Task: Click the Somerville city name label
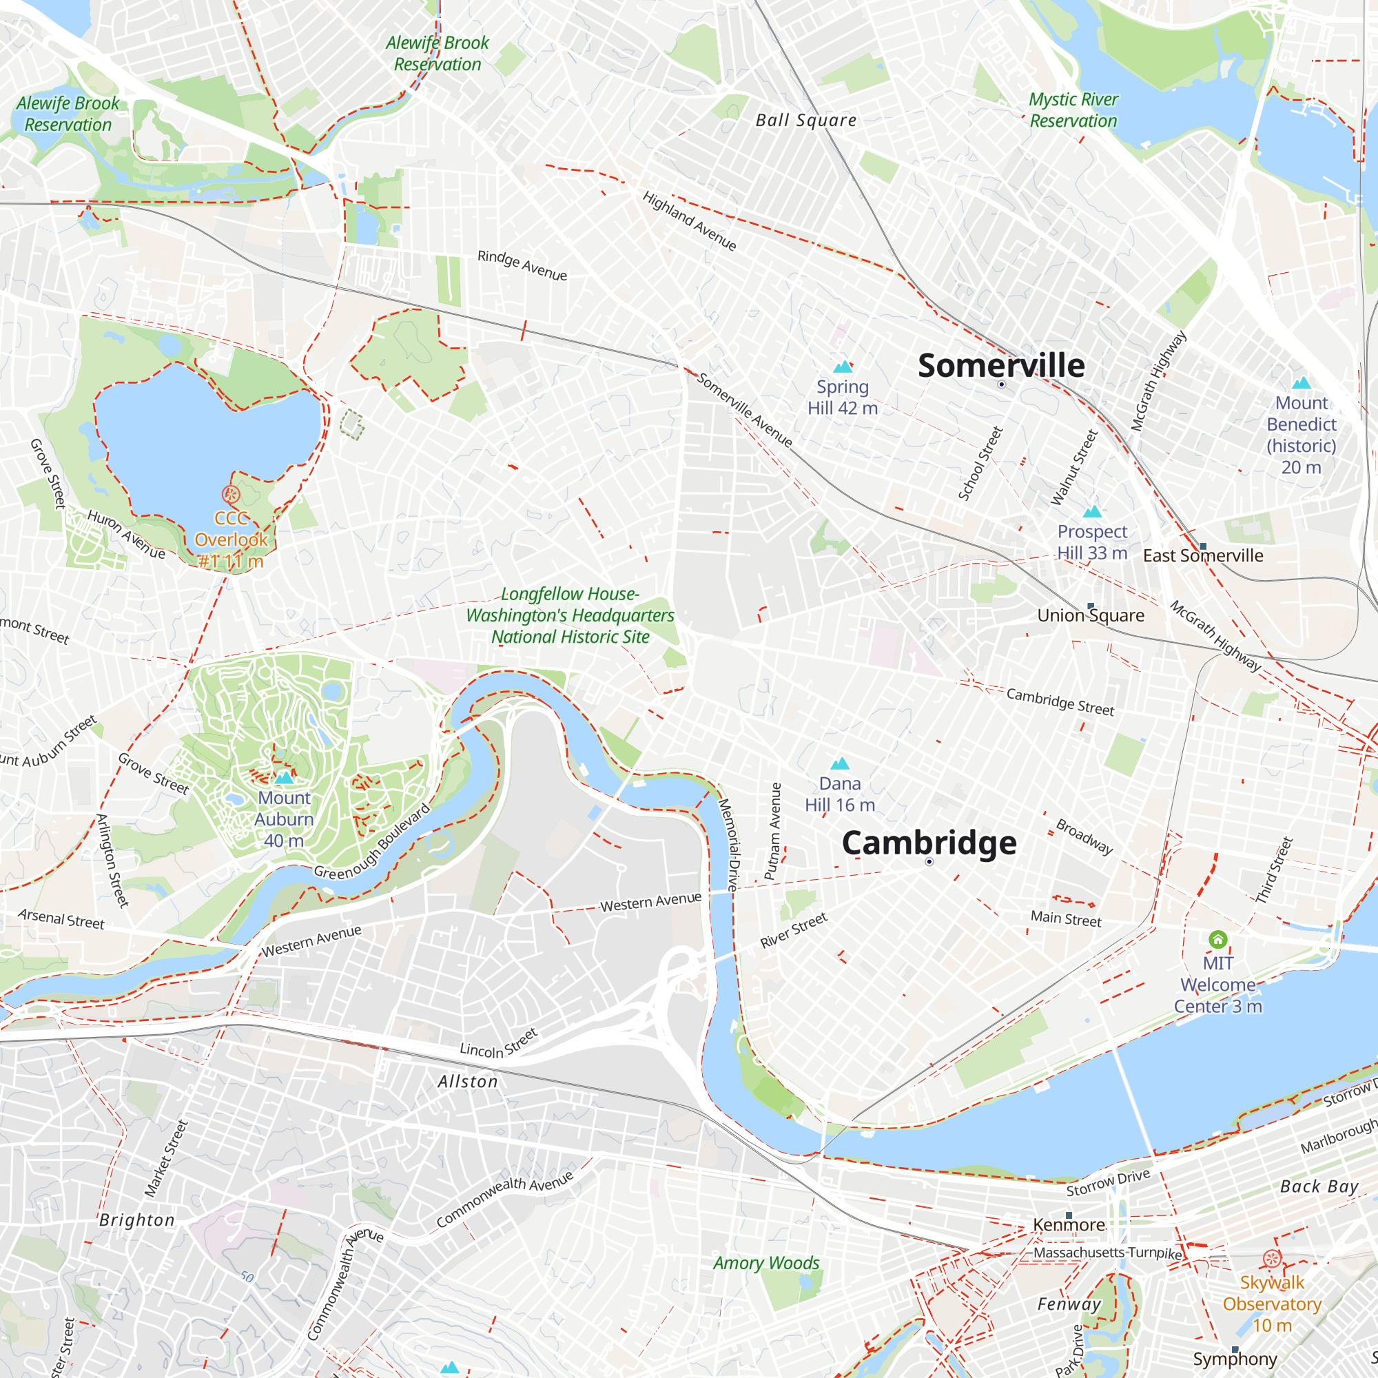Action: pyautogui.click(x=1000, y=366)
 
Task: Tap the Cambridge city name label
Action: pyautogui.click(x=929, y=843)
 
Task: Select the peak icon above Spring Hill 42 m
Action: pyautogui.click(x=843, y=367)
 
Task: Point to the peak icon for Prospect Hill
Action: pyautogui.click(x=1092, y=511)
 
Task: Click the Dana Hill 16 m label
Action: pyautogui.click(x=839, y=794)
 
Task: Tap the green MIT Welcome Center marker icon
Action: pyautogui.click(x=1217, y=939)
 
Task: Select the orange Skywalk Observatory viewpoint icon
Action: pyautogui.click(x=1272, y=1259)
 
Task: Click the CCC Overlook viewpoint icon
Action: pyautogui.click(x=230, y=493)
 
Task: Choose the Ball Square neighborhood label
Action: pyautogui.click(x=806, y=121)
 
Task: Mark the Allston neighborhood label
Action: pyautogui.click(x=468, y=1082)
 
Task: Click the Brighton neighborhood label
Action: pyautogui.click(x=137, y=1220)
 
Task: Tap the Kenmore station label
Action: pyautogui.click(x=1069, y=1224)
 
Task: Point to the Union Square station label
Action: pyautogui.click(x=1091, y=615)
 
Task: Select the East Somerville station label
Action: pyautogui.click(x=1202, y=555)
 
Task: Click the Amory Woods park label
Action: pyautogui.click(x=766, y=1263)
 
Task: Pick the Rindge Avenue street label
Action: pyautogui.click(x=522, y=265)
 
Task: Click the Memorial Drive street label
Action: pyautogui.click(x=728, y=845)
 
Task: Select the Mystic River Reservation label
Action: pyautogui.click(x=1073, y=110)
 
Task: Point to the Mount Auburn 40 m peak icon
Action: pyautogui.click(x=284, y=777)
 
